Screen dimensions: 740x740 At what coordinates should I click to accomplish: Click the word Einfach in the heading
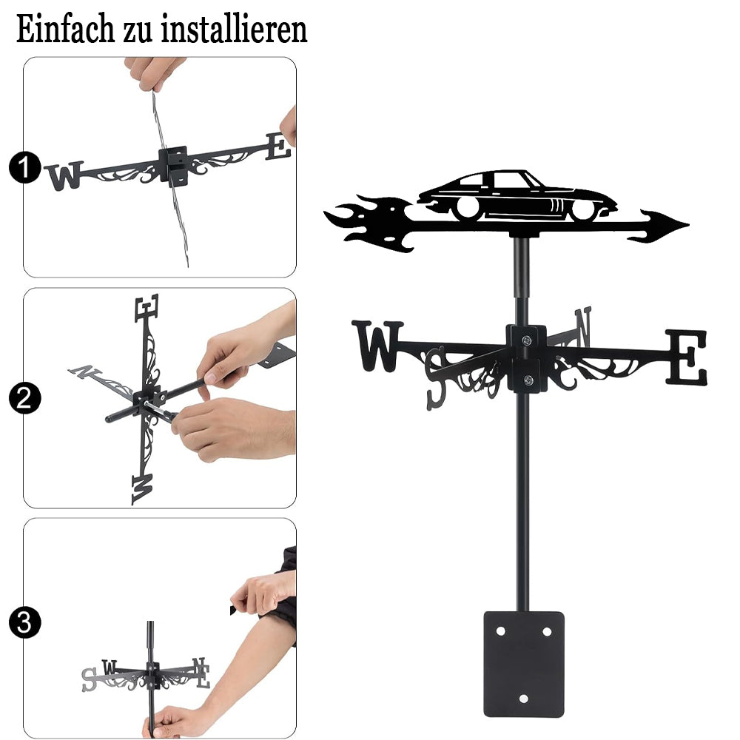[x=65, y=30]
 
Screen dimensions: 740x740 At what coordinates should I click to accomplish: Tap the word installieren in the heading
[x=234, y=30]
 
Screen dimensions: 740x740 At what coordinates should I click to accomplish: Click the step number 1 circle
[x=24, y=167]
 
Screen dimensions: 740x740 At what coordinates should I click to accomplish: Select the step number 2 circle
[x=24, y=398]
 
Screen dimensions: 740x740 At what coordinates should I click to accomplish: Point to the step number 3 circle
[x=24, y=622]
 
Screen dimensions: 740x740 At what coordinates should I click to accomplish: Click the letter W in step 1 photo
[x=64, y=175]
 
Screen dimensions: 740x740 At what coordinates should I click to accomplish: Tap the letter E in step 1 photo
[x=277, y=147]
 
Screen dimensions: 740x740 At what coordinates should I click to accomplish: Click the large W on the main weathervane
[x=377, y=346]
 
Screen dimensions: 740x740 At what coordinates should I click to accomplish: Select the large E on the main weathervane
[x=687, y=357]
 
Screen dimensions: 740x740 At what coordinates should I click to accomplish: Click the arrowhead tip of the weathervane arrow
[x=688, y=225]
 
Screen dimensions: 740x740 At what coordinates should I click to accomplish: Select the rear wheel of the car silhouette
[x=467, y=207]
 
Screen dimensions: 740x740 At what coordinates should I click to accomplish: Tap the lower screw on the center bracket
[x=528, y=380]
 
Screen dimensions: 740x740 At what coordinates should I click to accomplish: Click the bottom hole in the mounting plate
[x=523, y=699]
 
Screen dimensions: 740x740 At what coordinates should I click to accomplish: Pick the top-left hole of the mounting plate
[x=500, y=631]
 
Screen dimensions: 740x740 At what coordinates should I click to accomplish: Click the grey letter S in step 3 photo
[x=89, y=679]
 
